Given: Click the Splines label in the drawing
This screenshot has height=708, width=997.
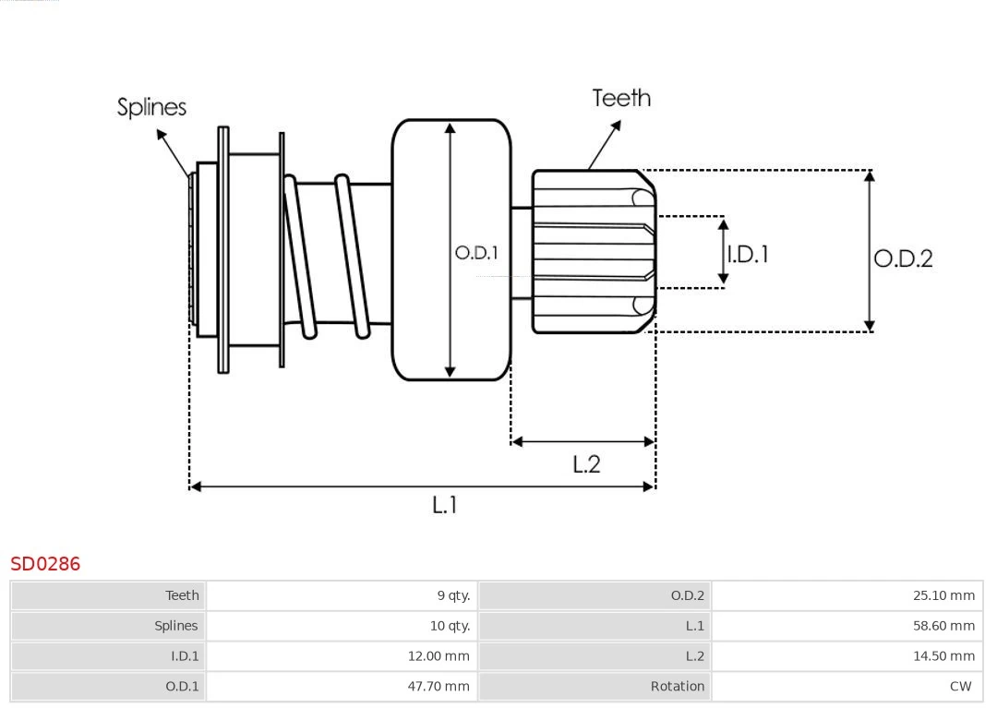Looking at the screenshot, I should [x=151, y=107].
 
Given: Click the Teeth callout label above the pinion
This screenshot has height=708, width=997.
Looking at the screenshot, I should [x=621, y=98].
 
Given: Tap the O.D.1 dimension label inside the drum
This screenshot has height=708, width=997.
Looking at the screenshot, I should [x=476, y=252].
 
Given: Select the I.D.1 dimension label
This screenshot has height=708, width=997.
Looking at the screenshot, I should [x=748, y=254].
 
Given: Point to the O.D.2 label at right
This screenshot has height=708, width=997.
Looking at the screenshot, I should [x=903, y=258].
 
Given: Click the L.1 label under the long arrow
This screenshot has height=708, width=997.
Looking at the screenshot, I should [x=445, y=505].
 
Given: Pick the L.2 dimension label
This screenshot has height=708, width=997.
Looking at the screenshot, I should [x=586, y=464].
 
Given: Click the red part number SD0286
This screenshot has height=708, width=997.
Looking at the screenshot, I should [x=45, y=564].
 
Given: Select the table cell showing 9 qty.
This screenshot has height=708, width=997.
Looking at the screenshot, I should [x=453, y=595].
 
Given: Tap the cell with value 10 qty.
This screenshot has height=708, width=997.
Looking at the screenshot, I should [x=450, y=626].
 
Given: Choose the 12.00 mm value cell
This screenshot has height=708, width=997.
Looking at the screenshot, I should [x=438, y=656].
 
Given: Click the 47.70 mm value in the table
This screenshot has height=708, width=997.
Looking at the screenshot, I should [x=438, y=687].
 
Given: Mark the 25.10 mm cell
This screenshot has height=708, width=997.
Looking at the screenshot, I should [x=943, y=595].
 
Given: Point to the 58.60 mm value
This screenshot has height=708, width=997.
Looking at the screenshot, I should [x=943, y=626].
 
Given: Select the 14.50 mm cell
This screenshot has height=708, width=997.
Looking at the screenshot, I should [x=943, y=656].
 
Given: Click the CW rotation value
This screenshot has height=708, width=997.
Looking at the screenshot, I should [x=960, y=687].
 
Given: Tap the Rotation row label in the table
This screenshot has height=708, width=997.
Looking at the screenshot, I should [x=677, y=687].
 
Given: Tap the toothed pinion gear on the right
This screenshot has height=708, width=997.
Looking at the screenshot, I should [x=591, y=251].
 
